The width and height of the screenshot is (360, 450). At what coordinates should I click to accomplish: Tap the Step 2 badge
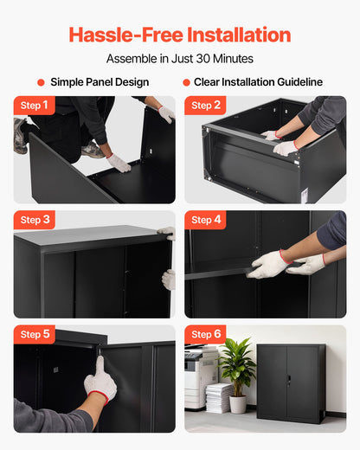click(206, 106)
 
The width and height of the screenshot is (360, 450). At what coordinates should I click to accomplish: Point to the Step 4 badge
click(206, 220)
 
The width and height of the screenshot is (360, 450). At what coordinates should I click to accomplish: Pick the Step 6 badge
click(206, 334)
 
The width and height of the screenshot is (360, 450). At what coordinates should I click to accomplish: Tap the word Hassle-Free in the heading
click(119, 35)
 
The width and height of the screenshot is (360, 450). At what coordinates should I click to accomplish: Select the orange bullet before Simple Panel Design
click(41, 82)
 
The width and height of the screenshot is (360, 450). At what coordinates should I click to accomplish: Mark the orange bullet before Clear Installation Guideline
click(186, 82)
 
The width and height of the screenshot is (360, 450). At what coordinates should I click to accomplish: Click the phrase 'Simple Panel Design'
click(100, 82)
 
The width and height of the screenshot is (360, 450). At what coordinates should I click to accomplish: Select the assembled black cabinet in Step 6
click(291, 382)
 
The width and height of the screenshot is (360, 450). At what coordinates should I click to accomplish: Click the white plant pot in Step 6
click(238, 403)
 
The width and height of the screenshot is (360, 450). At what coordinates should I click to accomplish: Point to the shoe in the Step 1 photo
click(21, 136)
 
